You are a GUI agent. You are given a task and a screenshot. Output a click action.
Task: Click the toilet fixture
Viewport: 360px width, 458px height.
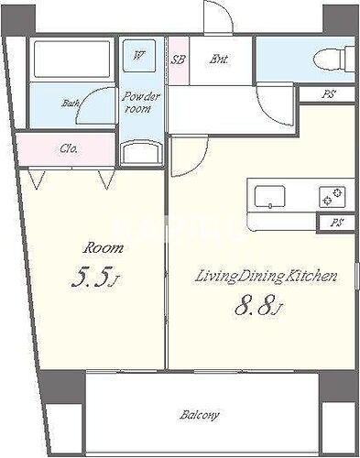pos(335,59)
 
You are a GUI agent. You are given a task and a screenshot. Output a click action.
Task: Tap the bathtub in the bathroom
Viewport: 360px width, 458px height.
pos(71,59)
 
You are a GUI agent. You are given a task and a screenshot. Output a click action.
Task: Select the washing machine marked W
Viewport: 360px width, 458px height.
pos(139,56)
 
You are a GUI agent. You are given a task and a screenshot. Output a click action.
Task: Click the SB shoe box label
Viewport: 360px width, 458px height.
pos(178,60)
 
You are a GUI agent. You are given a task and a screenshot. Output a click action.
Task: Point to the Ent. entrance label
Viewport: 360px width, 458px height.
pos(219,59)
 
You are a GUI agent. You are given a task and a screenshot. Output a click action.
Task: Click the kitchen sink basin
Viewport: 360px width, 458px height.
pos(270,196)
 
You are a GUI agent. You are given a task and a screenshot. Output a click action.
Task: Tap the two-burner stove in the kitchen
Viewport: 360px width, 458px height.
pos(333,196)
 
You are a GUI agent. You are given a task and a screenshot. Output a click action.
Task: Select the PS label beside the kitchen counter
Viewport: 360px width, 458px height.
pos(337,223)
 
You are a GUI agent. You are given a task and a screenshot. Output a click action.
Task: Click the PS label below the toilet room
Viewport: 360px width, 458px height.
pos(329,94)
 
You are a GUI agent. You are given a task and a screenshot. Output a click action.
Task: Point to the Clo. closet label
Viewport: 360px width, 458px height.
pos(69,149)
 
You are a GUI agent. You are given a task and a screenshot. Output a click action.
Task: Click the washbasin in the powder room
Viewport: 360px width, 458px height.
pos(140,152)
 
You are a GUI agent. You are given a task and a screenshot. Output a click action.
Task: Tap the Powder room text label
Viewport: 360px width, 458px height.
pos(141,103)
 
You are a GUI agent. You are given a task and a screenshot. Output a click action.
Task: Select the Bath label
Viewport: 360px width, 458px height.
pos(71,103)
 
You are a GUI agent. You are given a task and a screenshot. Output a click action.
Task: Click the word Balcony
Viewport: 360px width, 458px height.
pos(200,415)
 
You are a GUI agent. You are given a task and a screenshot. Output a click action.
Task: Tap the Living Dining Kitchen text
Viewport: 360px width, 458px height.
pos(266,277)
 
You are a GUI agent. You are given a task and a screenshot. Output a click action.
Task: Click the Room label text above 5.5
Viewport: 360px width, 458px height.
pos(104,248)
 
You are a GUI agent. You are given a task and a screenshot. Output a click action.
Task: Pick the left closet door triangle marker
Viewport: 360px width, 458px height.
pos(37,180)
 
